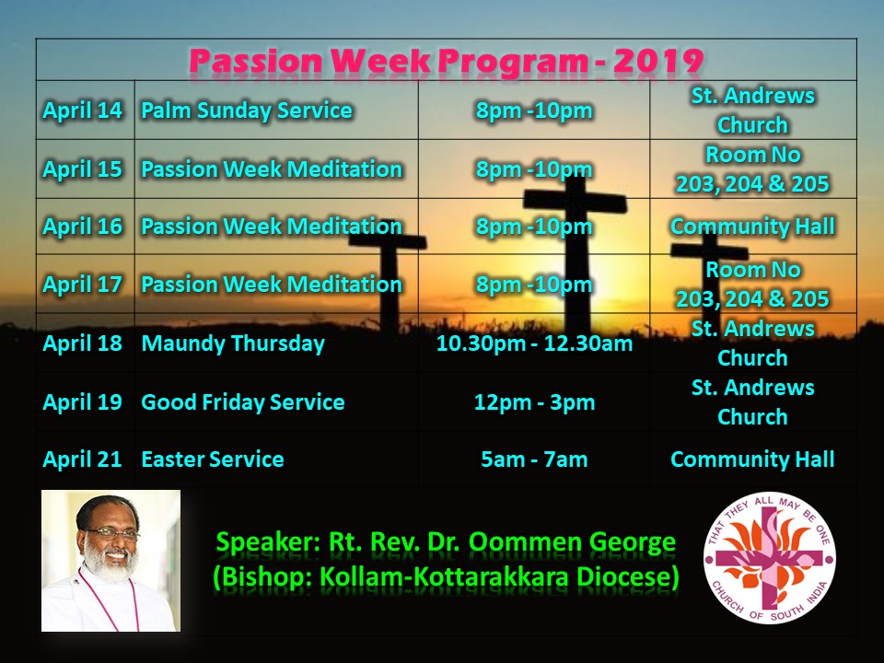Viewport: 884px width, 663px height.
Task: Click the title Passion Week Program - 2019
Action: [446, 61]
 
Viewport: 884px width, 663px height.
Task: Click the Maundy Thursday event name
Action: [233, 343]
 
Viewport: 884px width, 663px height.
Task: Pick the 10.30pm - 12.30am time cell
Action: [534, 343]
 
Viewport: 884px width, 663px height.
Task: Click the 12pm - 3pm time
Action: [534, 402]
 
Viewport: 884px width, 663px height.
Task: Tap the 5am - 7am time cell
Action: [534, 459]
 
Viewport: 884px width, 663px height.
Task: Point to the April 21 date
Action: [82, 459]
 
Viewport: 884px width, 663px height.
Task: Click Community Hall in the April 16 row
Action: [752, 227]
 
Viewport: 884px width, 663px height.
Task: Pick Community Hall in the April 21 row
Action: [752, 459]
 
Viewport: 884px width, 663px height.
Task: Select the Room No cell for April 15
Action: [752, 169]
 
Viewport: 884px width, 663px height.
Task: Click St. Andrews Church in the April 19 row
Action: [752, 402]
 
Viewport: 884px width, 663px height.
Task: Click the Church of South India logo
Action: [770, 558]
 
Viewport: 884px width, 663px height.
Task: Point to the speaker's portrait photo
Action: [111, 561]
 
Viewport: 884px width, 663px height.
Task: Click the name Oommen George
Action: [572, 542]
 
